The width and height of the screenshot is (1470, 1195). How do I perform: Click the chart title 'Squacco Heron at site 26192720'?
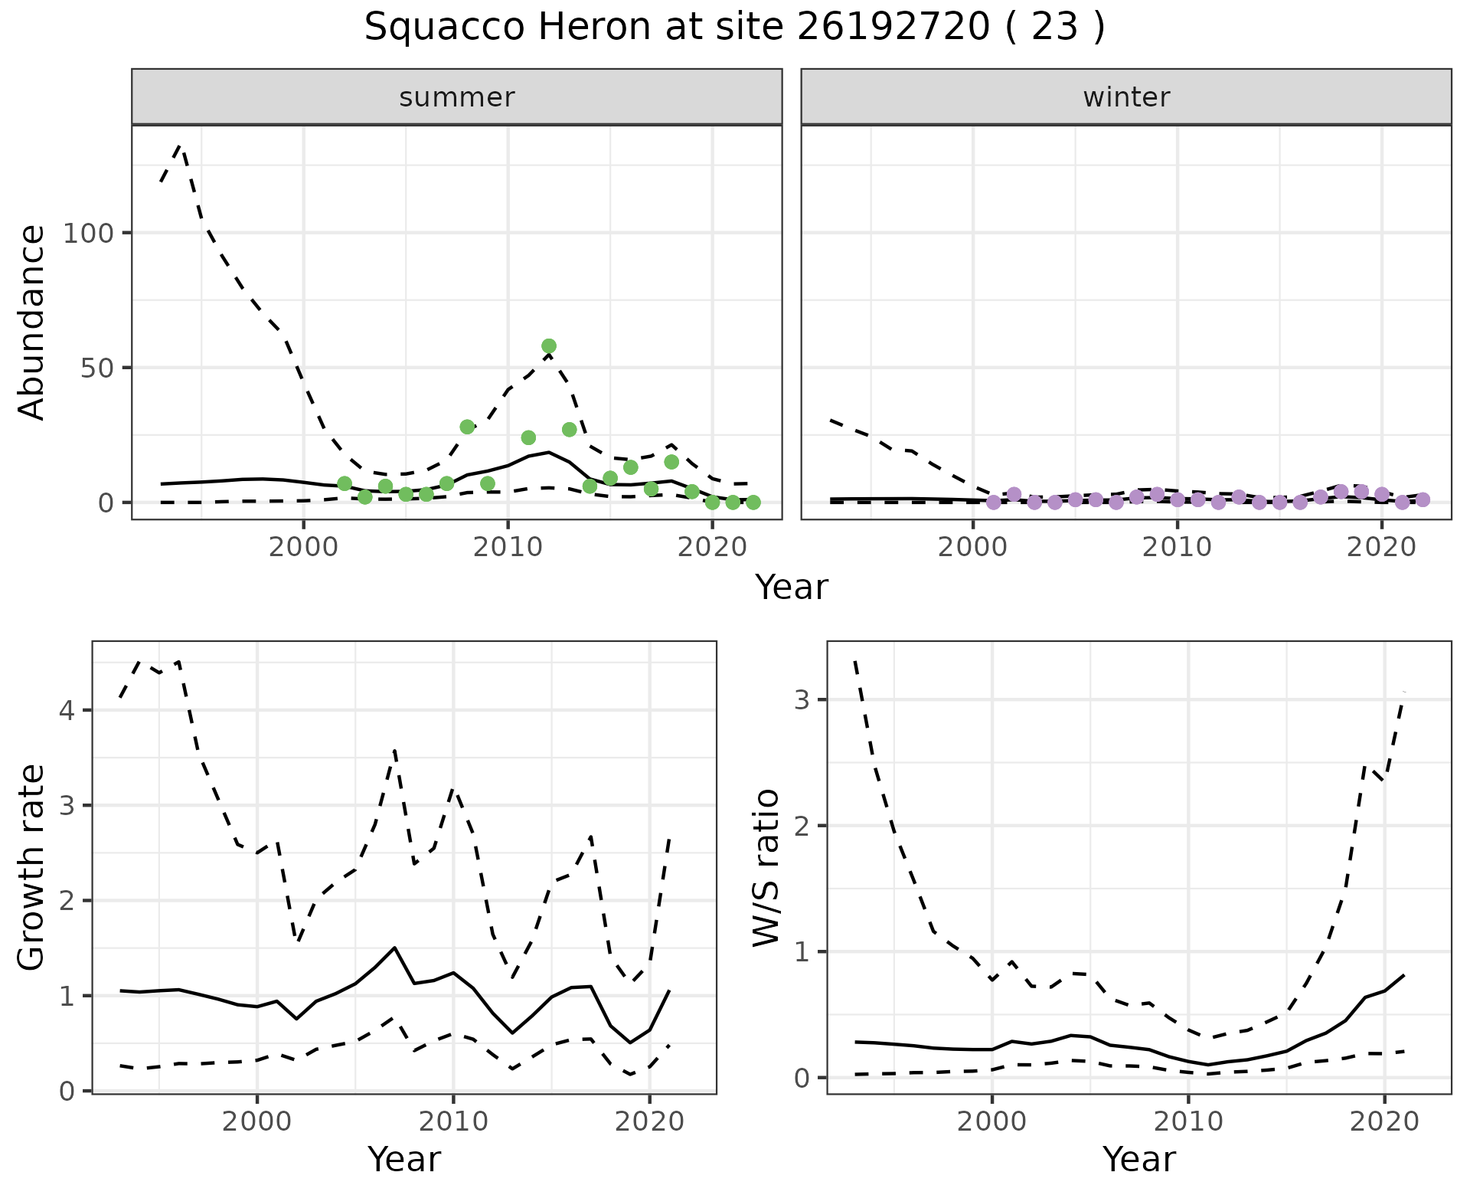(734, 28)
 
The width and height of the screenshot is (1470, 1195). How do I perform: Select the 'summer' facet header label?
(456, 97)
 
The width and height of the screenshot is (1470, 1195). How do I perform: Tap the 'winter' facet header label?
(1125, 97)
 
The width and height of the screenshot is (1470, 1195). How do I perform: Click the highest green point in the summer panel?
(548, 346)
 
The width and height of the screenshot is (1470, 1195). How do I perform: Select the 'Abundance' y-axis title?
(32, 322)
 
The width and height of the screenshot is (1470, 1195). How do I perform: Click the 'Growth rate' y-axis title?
(32, 867)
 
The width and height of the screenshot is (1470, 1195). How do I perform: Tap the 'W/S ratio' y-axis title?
(766, 867)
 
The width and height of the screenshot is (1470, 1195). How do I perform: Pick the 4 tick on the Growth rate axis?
(67, 711)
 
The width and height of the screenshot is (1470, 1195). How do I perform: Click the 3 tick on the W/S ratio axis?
(802, 700)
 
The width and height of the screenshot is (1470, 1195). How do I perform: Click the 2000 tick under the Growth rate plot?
(256, 1122)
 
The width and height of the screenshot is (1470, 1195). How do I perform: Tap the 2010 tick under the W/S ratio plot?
(1187, 1122)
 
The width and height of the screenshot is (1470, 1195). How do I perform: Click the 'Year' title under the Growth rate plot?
(404, 1159)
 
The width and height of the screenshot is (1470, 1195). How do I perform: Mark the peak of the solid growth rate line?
(394, 948)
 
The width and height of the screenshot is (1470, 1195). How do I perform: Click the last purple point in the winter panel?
(1423, 500)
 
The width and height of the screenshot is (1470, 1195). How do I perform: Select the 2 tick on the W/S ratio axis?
(802, 826)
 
